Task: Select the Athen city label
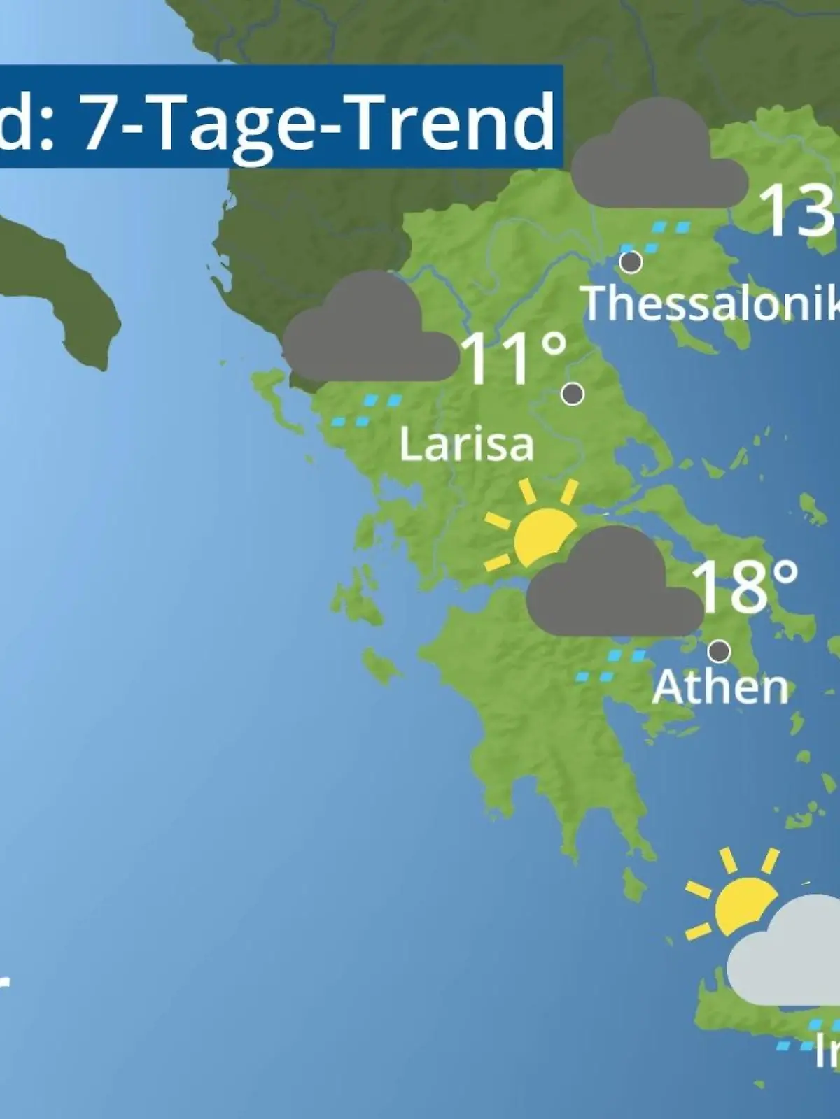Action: tap(720, 687)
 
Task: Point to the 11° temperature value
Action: tap(514, 358)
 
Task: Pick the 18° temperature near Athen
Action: tap(744, 586)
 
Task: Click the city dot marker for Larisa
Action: tap(573, 394)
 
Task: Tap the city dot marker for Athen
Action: tap(719, 651)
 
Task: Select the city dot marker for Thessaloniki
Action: tap(631, 262)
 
